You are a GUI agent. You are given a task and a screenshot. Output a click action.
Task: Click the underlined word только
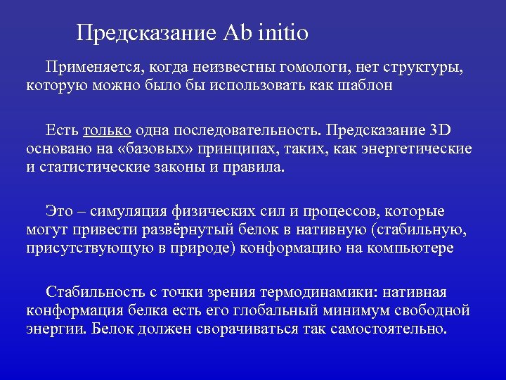tap(107, 130)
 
